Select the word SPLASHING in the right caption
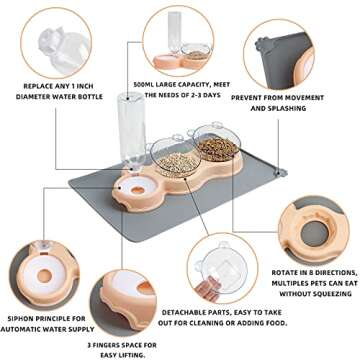point(307,107)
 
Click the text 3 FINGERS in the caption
point(108,344)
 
